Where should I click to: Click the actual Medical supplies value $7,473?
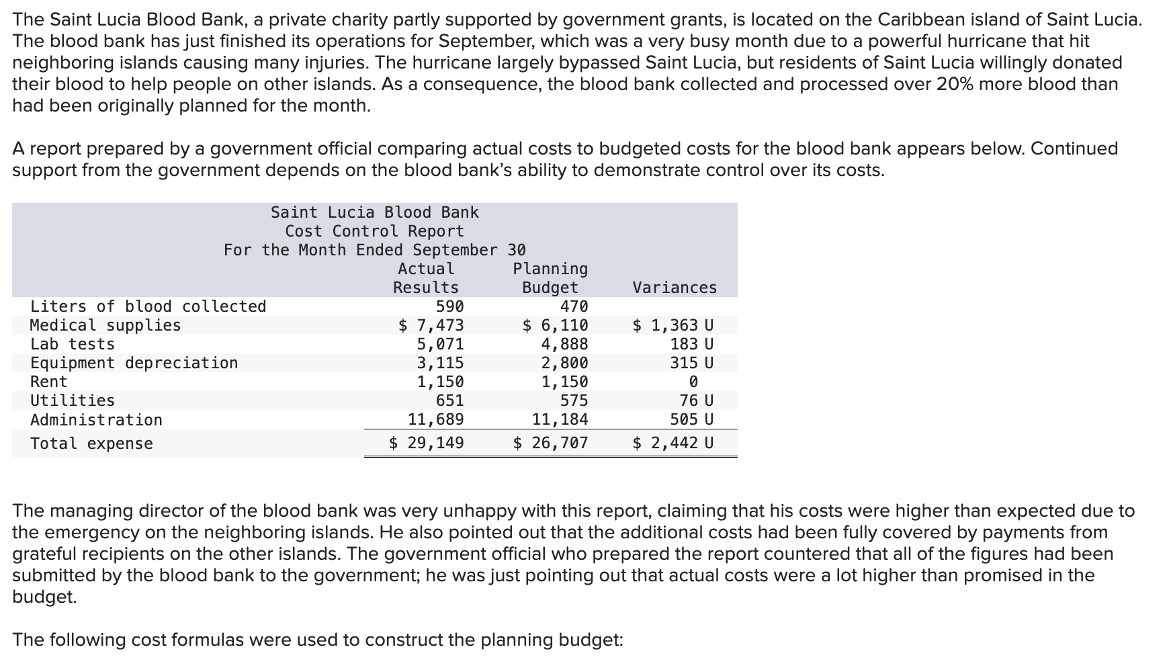(x=431, y=325)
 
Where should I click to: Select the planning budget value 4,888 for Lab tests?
(x=564, y=344)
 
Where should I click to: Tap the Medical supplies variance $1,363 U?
(x=673, y=325)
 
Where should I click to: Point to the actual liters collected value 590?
(x=449, y=306)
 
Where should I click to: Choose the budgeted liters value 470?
(x=574, y=306)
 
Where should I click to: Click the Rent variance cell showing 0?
(x=693, y=382)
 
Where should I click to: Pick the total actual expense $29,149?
(x=427, y=443)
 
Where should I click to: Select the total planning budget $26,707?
(x=551, y=443)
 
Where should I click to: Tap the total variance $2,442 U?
(x=673, y=443)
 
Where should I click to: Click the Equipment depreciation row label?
(x=134, y=363)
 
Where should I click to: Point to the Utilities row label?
(x=73, y=401)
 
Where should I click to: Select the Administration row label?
(x=96, y=420)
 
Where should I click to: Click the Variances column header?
(x=675, y=288)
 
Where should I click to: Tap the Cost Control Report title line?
(x=374, y=231)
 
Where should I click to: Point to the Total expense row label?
(x=91, y=444)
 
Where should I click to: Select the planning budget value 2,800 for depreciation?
(x=564, y=363)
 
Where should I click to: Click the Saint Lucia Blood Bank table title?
(x=374, y=212)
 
